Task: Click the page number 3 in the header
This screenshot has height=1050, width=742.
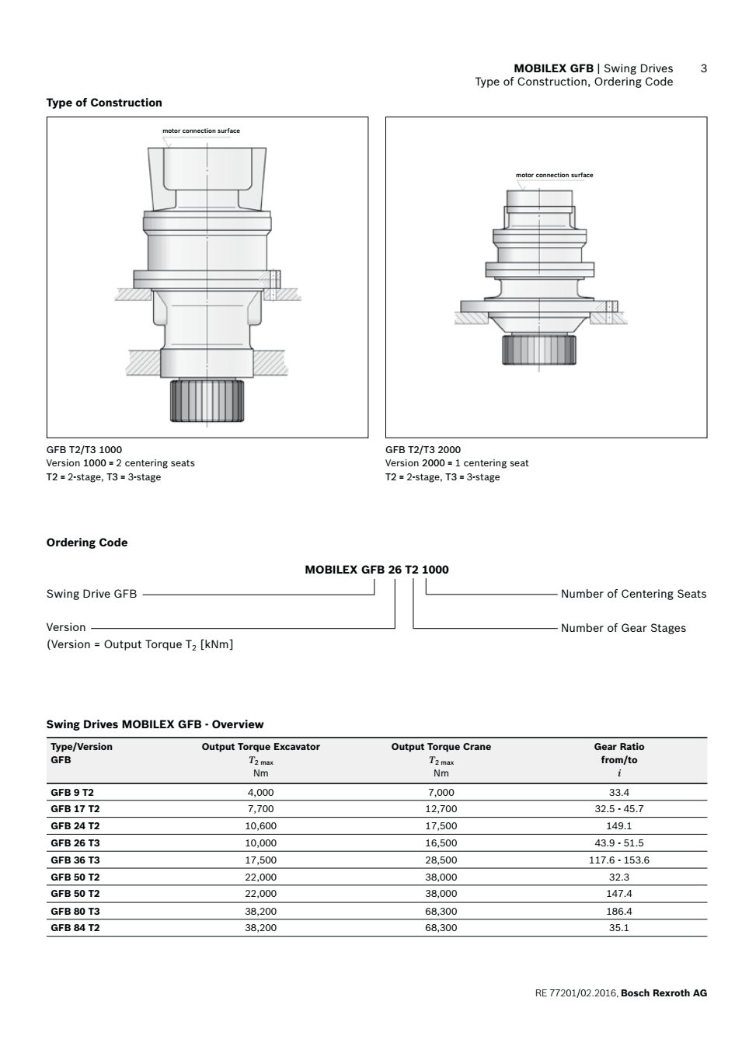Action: pyautogui.click(x=703, y=68)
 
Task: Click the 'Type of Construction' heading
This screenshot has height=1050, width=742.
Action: pyautogui.click(x=104, y=103)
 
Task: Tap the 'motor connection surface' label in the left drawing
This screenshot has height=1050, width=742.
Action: pyautogui.click(x=201, y=131)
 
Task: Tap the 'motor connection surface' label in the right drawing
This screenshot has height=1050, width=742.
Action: pyautogui.click(x=554, y=175)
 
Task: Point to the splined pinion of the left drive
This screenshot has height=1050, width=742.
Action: pyautogui.click(x=207, y=399)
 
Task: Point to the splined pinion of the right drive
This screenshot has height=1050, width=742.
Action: pyautogui.click(x=538, y=349)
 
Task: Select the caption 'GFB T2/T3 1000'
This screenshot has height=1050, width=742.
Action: pyautogui.click(x=84, y=449)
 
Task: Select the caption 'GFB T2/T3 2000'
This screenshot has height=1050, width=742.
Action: pyautogui.click(x=423, y=449)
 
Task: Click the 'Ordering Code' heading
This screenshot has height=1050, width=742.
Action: pyautogui.click(x=87, y=542)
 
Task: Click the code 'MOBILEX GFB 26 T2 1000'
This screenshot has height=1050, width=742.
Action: pyautogui.click(x=377, y=570)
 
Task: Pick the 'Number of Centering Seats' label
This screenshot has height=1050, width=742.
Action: pyautogui.click(x=633, y=594)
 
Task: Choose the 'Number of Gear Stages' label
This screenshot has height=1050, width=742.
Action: pyautogui.click(x=623, y=628)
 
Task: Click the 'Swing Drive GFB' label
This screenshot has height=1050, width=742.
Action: pyautogui.click(x=92, y=594)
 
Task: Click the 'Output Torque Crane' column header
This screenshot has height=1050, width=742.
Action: pyautogui.click(x=441, y=747)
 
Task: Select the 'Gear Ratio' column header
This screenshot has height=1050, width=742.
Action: pyautogui.click(x=618, y=747)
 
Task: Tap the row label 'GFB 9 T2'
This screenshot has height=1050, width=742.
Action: pyautogui.click(x=72, y=793)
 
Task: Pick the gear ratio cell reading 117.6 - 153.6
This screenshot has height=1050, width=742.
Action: pyautogui.click(x=618, y=860)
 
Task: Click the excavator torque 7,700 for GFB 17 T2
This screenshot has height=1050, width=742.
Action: pyautogui.click(x=260, y=809)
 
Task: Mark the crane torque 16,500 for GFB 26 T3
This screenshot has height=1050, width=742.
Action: pyautogui.click(x=441, y=843)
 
